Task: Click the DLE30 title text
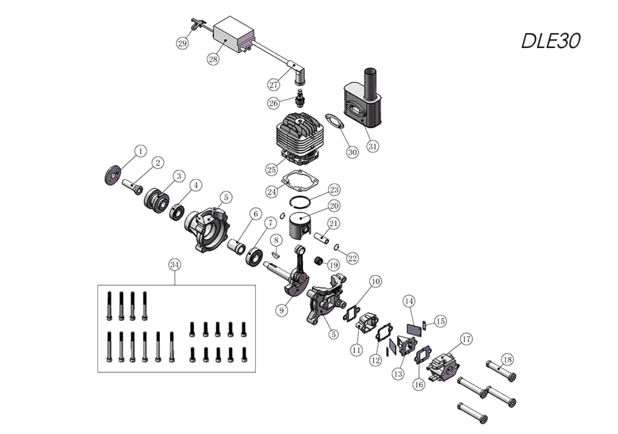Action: pyautogui.click(x=550, y=40)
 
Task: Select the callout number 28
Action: pyautogui.click(x=213, y=59)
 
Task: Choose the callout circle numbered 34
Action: pyautogui.click(x=175, y=265)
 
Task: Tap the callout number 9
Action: pyautogui.click(x=282, y=310)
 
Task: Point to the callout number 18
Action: pyautogui.click(x=507, y=360)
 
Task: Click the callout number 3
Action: pyautogui.click(x=178, y=176)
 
